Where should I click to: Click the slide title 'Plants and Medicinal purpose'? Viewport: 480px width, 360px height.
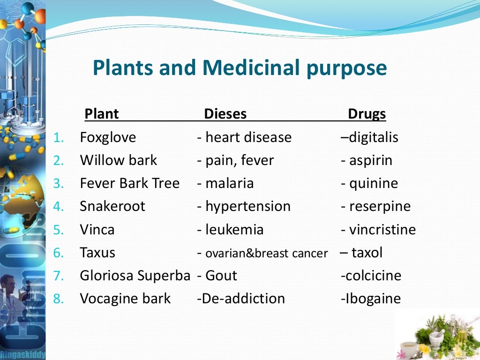(240, 67)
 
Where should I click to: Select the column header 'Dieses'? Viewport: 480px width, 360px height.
(225, 114)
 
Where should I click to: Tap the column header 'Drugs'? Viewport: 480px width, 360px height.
(367, 114)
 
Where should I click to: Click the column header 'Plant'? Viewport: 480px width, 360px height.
(101, 114)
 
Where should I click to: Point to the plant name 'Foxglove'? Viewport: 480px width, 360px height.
(108, 137)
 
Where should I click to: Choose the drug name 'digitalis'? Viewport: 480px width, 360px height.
(373, 137)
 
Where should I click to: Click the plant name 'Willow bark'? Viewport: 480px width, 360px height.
(119, 160)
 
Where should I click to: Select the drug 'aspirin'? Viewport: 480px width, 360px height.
(370, 160)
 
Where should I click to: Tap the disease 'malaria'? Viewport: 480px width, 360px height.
(229, 183)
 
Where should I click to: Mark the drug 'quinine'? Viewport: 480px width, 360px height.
(373, 183)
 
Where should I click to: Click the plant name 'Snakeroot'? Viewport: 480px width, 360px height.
(112, 206)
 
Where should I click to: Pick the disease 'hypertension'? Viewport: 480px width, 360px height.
(247, 206)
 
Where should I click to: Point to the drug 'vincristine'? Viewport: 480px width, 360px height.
(382, 230)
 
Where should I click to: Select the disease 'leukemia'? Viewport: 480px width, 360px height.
(234, 230)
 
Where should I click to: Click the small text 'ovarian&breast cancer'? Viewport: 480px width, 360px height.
(266, 254)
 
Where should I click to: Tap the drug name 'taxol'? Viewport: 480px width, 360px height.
(367, 253)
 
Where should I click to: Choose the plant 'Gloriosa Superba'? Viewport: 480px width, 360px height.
(135, 276)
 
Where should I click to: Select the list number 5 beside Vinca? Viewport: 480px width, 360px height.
(58, 230)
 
